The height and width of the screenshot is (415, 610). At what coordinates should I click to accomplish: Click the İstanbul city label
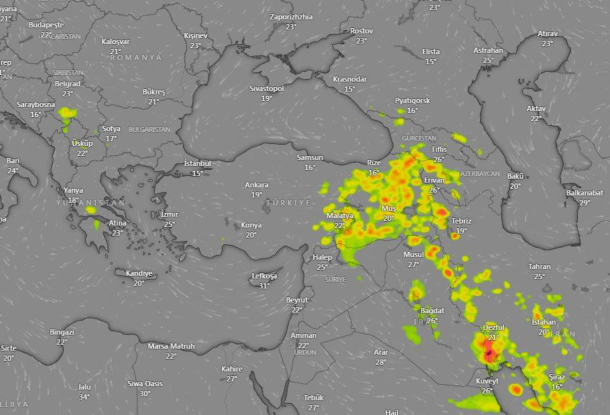coord(197,163)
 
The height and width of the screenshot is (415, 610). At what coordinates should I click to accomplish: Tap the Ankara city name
coord(256,185)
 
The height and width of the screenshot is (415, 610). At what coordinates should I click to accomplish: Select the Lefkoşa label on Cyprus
coord(264,276)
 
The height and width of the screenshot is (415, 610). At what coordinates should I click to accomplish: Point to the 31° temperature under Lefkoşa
coord(264,286)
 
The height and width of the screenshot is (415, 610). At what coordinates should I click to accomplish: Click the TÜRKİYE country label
coord(288,202)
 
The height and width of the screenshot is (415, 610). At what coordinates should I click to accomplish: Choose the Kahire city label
coord(232,369)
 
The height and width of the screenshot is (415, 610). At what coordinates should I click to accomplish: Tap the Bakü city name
coord(515,176)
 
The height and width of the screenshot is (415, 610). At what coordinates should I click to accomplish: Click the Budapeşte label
coord(46,25)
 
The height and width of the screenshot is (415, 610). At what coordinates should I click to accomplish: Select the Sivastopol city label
coord(267,88)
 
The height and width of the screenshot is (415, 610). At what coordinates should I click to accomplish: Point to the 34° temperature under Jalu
coord(84,397)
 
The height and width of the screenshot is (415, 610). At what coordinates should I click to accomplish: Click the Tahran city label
coord(539,266)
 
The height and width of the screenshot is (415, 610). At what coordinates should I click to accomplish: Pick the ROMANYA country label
coord(135,58)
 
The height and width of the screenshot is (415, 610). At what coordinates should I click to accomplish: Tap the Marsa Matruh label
coord(171,346)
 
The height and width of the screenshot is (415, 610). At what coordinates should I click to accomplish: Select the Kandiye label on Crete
coord(139,273)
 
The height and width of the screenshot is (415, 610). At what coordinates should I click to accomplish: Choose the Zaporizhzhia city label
coord(291,17)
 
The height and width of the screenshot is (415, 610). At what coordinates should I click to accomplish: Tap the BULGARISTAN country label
coord(149,129)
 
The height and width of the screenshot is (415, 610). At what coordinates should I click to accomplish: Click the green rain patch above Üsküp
coord(66,113)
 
